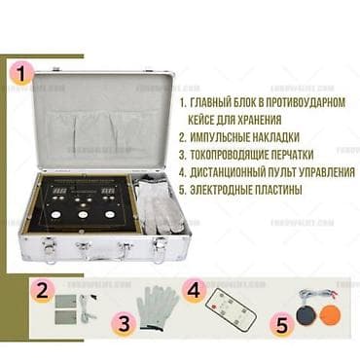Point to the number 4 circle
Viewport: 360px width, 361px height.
coord(194,289)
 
